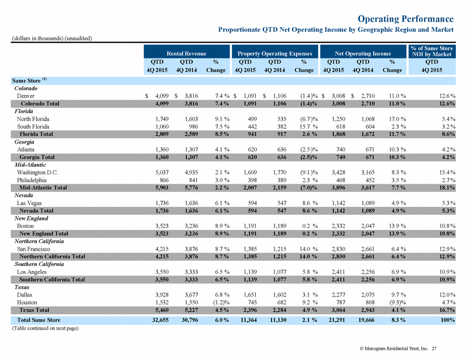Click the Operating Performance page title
406,19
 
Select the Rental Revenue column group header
187,53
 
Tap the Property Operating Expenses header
274,53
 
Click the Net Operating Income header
363,53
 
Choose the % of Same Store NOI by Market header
432,51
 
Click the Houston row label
27,302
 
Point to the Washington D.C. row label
37,172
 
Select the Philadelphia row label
32,180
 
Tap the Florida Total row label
36,134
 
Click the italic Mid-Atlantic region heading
30,164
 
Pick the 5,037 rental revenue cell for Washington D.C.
162,172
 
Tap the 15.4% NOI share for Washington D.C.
447,172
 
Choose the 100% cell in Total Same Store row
448,320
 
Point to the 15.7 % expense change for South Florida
309,126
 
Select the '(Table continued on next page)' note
45,328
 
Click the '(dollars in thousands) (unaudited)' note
52,39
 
